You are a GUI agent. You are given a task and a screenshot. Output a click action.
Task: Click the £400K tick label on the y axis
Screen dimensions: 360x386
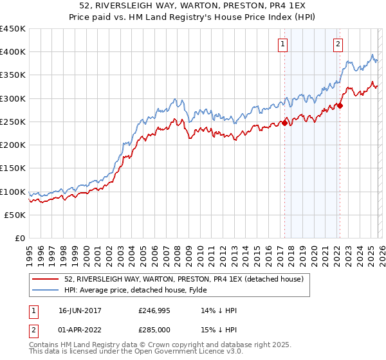[x=13, y=52]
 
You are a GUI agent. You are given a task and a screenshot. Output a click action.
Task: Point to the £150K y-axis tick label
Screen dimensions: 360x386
[x=13, y=168]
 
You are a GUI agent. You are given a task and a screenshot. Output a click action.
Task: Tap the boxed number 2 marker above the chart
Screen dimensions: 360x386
[x=338, y=44]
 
